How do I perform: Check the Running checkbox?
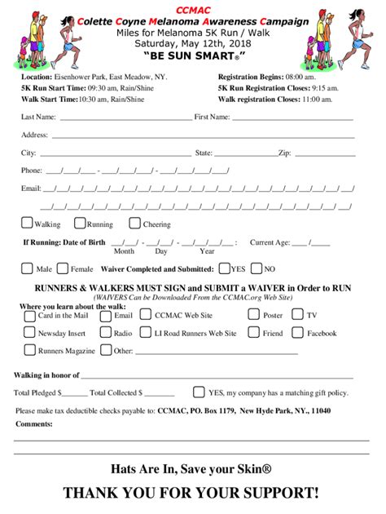pos(80,224)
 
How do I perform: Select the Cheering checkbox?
pos(134,224)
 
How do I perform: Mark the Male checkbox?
pos(27,268)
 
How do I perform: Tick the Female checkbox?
pos(64,268)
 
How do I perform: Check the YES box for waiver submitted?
pos(223,268)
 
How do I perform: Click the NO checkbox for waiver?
pos(257,268)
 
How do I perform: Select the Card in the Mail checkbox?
pos(30,315)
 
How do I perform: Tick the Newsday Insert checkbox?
pos(30,333)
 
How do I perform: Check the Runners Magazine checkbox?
pos(30,351)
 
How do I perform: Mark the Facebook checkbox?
pos(298,333)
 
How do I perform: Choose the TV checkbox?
pos(298,315)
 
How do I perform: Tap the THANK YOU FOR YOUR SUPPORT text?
pos(192,493)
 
